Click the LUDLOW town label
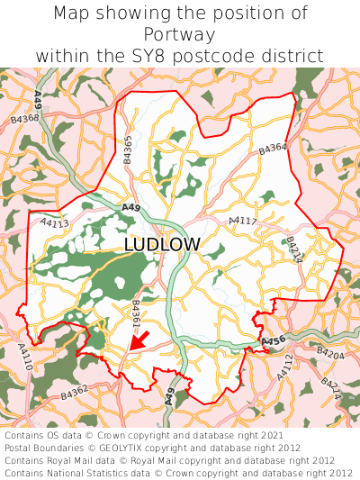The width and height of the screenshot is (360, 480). [x=162, y=245]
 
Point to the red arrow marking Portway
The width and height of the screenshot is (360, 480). [x=139, y=340]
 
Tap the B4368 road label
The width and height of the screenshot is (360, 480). [x=24, y=117]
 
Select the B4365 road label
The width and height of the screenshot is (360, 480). [x=128, y=149]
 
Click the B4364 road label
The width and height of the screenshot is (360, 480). [x=273, y=149]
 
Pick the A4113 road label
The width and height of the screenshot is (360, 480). [x=54, y=222]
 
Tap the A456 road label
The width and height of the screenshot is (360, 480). [x=274, y=341]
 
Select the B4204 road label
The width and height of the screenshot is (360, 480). [x=330, y=355]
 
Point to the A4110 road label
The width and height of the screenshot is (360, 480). [x=25, y=357]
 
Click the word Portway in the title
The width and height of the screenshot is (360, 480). [x=179, y=34]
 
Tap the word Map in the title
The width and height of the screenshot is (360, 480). [x=73, y=14]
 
